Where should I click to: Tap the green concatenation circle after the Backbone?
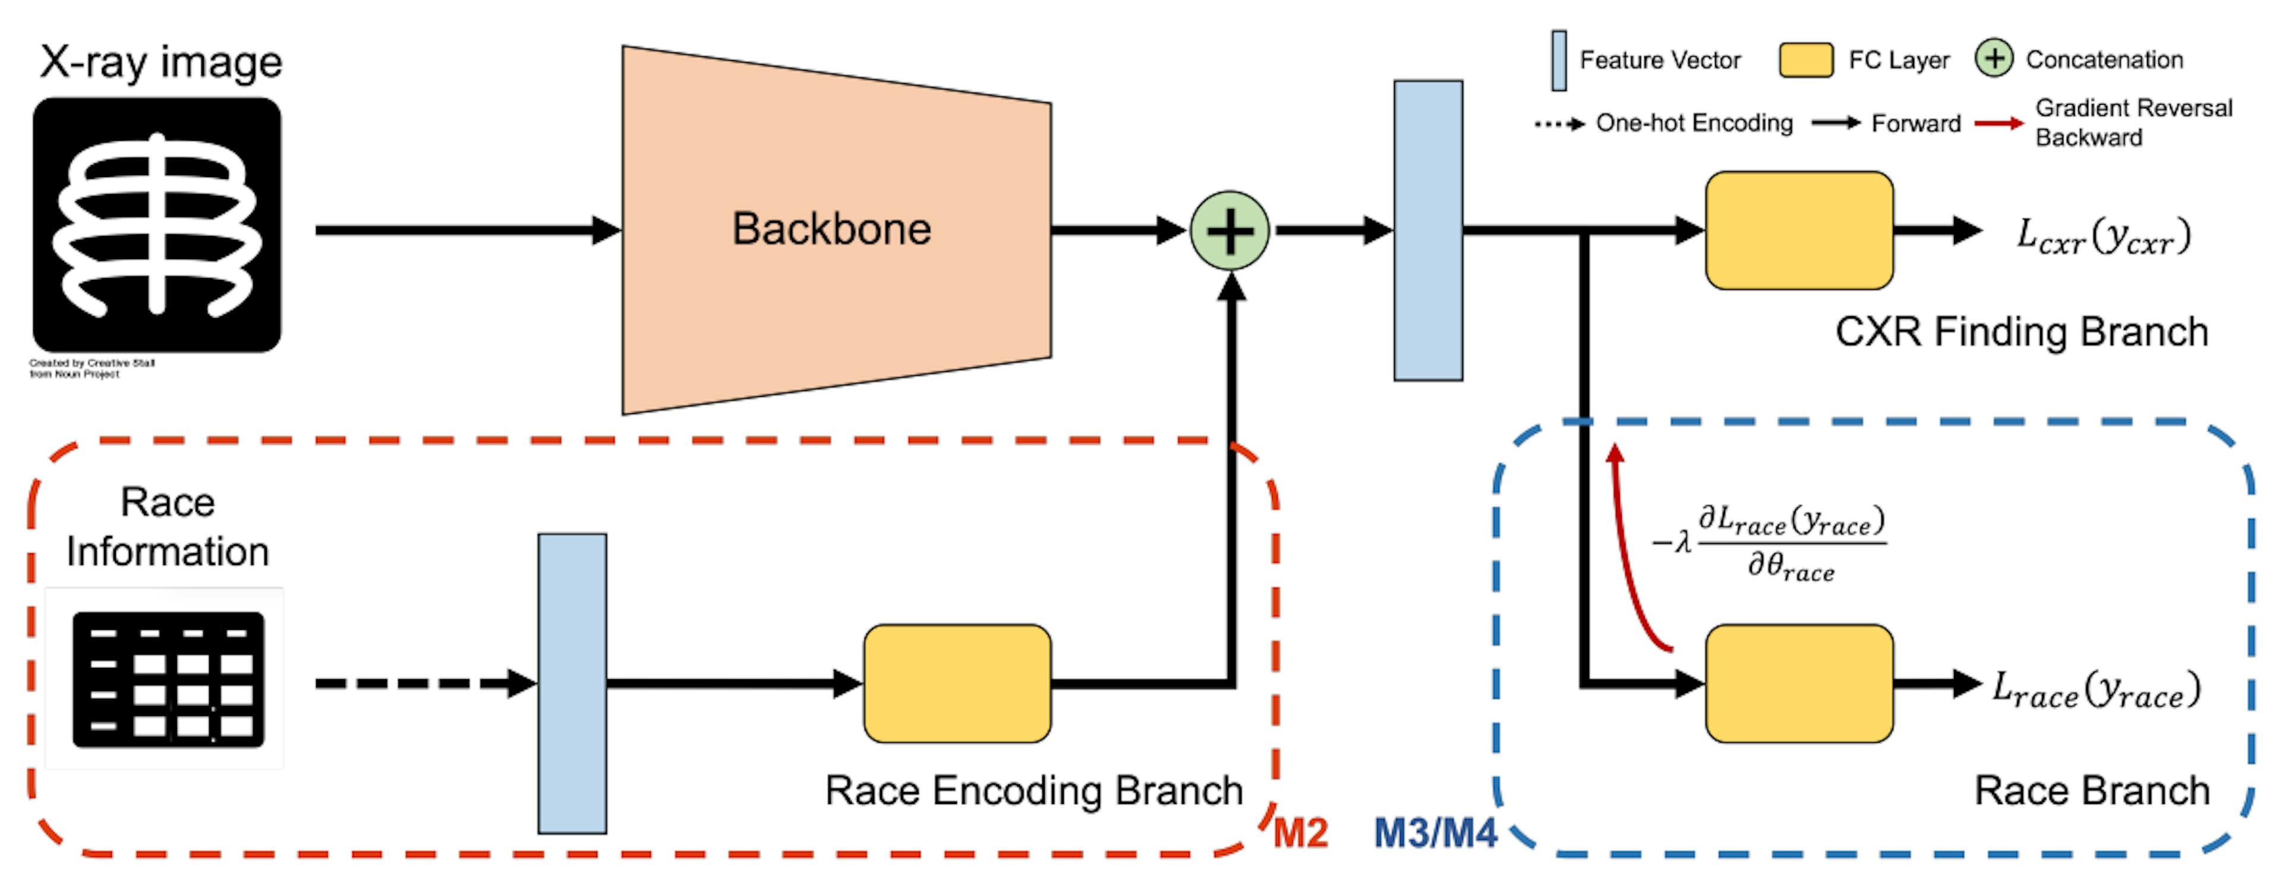(1230, 231)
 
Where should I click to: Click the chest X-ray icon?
(157, 225)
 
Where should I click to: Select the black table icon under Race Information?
(168, 679)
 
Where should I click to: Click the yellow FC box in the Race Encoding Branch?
(957, 683)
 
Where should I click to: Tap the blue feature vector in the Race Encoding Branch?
(572, 683)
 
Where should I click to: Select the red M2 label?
(1300, 832)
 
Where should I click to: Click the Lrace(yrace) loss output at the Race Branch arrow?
(2095, 689)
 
